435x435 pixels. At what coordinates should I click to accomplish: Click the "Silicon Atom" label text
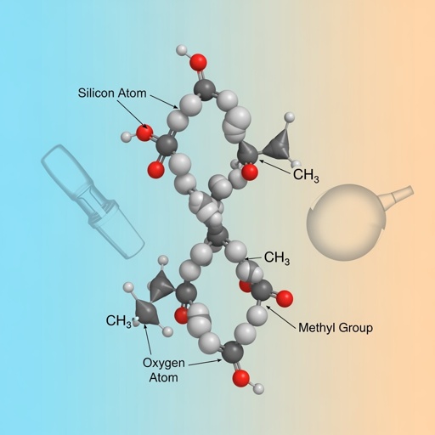(112, 93)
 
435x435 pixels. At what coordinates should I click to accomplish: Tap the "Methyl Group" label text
(336, 328)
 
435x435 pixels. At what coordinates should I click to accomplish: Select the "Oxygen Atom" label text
(164, 370)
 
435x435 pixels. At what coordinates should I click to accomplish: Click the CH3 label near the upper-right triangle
(306, 175)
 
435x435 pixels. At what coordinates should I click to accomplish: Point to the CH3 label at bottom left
(118, 321)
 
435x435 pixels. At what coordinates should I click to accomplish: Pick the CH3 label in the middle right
(277, 258)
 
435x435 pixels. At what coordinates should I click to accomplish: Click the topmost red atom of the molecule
(198, 62)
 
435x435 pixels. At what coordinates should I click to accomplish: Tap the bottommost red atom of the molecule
(241, 378)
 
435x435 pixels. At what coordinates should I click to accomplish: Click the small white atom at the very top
(182, 50)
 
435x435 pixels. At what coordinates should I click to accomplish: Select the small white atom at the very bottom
(258, 388)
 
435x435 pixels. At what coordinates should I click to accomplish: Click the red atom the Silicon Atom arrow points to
(144, 133)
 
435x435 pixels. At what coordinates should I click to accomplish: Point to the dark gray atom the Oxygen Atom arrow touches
(233, 352)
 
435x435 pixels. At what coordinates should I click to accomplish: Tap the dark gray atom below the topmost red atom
(205, 90)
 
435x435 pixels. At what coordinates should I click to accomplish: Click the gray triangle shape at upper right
(279, 144)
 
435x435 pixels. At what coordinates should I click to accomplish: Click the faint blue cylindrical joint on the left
(93, 201)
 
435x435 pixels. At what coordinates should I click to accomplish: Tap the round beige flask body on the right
(346, 223)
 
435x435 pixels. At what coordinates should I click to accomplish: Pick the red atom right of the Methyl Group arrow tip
(285, 299)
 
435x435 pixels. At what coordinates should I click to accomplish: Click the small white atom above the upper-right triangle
(289, 117)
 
